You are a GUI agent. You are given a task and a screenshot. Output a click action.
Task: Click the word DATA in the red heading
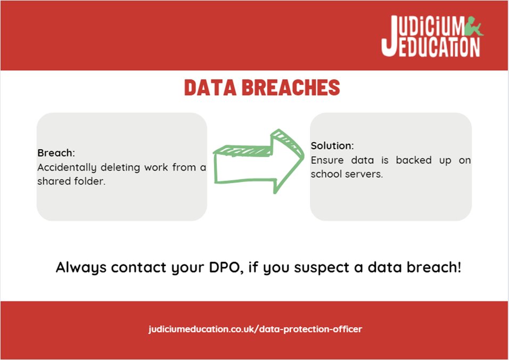pyautogui.click(x=209, y=88)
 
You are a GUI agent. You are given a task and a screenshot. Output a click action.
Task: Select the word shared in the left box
pyautogui.click(x=52, y=181)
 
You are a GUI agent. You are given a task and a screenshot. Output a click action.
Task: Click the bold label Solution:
pyautogui.click(x=332, y=146)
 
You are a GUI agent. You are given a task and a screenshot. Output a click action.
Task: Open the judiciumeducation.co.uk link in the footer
pyautogui.click(x=255, y=329)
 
